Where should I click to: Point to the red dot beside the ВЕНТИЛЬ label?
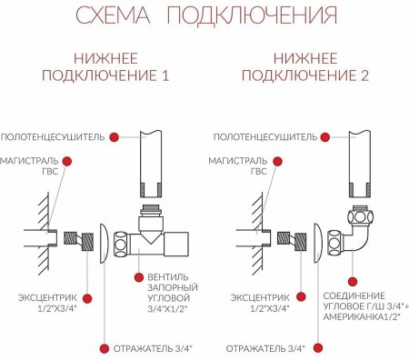pos(137,276)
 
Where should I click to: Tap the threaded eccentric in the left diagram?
pos(87,244)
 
